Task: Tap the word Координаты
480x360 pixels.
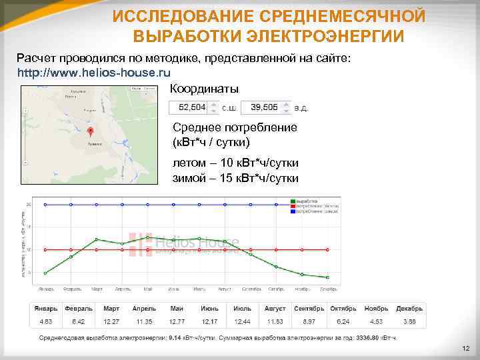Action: click(x=205, y=89)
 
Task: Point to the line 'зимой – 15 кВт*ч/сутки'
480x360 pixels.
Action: click(x=235, y=178)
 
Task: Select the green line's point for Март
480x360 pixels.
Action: click(x=97, y=239)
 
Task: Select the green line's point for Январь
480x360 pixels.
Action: click(x=45, y=273)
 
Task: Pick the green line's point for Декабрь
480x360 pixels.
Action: click(x=327, y=277)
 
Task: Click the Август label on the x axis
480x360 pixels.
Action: click(x=225, y=289)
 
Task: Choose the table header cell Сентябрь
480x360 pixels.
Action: click(x=309, y=309)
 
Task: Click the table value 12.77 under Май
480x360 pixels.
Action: click(x=177, y=321)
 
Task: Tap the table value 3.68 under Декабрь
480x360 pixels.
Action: click(x=409, y=321)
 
